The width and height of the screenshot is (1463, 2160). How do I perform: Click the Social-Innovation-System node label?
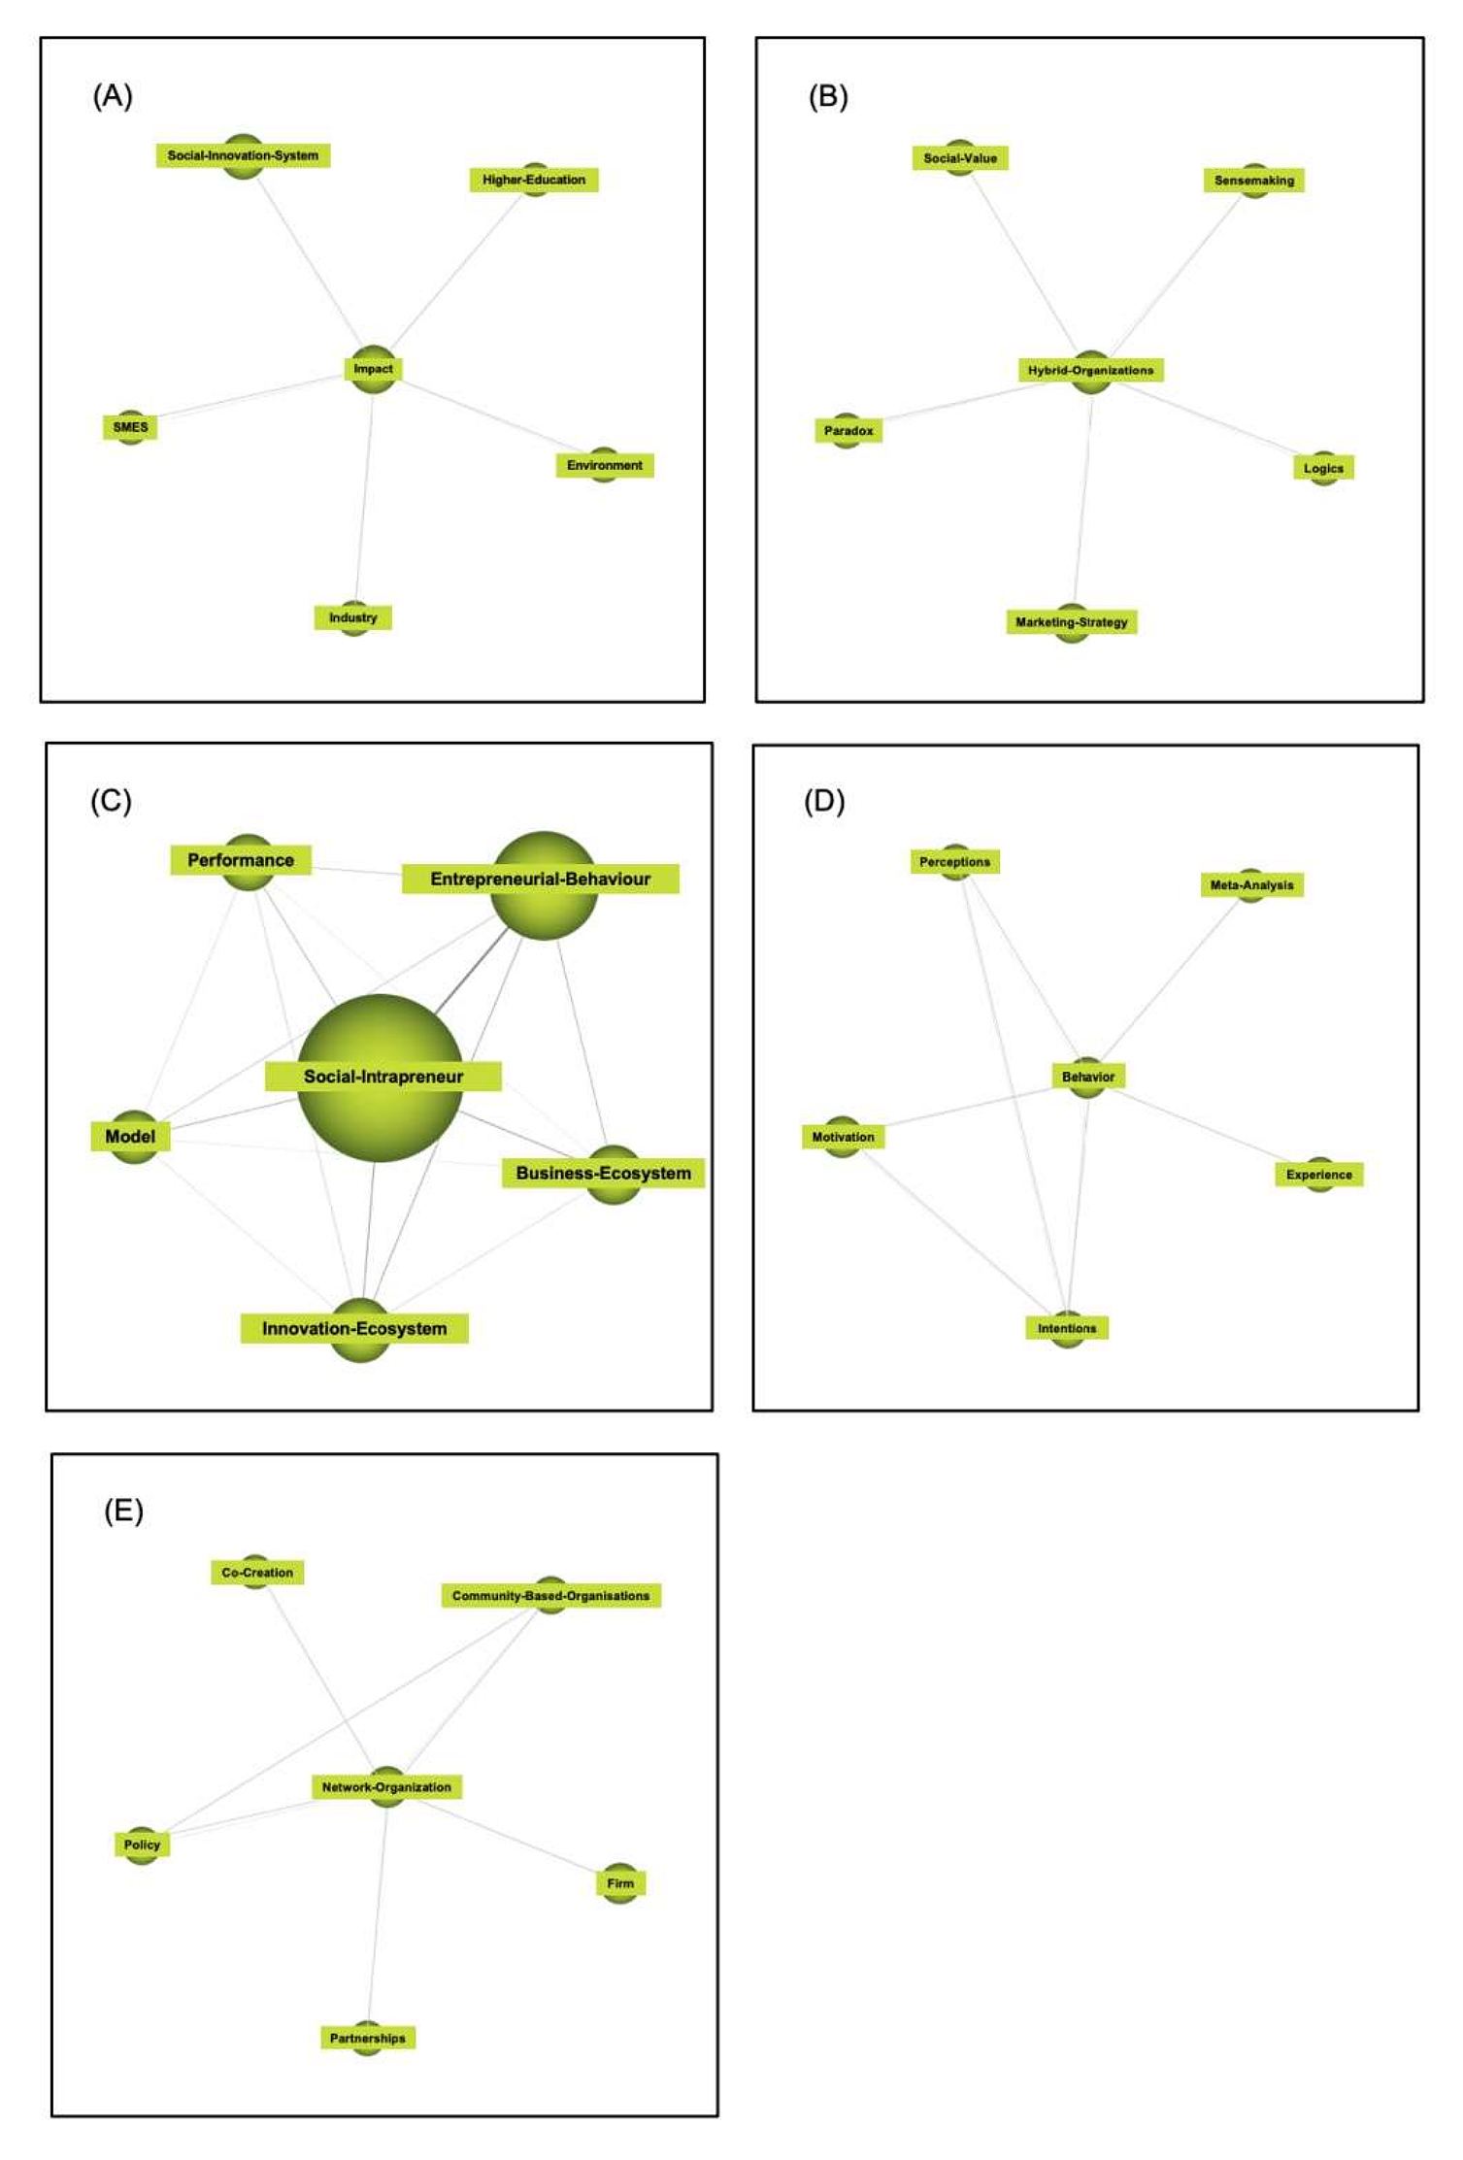[x=243, y=155]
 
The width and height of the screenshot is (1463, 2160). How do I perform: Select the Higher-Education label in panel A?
[x=534, y=180]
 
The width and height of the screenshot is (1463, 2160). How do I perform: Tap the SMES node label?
[x=130, y=427]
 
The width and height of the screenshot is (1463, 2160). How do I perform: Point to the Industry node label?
[x=352, y=617]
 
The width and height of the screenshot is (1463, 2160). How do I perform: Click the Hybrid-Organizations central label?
[x=1090, y=370]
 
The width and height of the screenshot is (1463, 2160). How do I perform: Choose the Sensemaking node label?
[x=1253, y=181]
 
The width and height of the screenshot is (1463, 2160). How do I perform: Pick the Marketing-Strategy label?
[x=1071, y=622]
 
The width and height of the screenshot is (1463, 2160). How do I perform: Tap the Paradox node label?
[x=848, y=431]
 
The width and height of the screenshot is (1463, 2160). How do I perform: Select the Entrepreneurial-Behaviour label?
[x=540, y=880]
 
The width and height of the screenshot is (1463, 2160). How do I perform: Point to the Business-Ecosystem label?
[x=603, y=1173]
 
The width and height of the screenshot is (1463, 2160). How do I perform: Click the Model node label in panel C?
[x=130, y=1137]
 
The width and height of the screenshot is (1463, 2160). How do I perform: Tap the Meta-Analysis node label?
[x=1251, y=885]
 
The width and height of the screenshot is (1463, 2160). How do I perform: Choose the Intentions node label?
[x=1066, y=1328]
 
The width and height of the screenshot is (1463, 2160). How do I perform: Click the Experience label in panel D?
[x=1318, y=1175]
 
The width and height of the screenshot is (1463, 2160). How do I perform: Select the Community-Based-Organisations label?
[x=550, y=1596]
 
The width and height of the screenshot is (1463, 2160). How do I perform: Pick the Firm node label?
[x=620, y=1883]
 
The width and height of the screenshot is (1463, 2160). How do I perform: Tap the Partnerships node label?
[x=368, y=2038]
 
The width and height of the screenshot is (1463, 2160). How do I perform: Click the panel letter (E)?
[x=123, y=1512]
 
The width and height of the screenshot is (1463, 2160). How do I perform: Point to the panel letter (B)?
[x=828, y=96]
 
